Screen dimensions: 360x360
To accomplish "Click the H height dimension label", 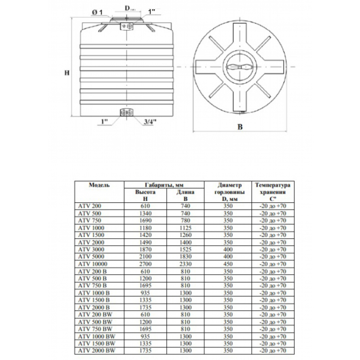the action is coord(67,73).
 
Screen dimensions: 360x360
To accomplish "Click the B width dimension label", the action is coord(240,127).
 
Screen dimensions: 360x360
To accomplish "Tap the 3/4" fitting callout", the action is coord(150,122).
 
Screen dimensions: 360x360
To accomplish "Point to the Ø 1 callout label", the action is coord(98,12).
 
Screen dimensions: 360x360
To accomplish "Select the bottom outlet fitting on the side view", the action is coord(126,113).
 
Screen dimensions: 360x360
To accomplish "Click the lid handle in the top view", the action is coord(240,67).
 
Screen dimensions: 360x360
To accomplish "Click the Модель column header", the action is coord(99,185).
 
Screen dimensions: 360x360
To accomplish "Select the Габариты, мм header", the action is coord(164,185).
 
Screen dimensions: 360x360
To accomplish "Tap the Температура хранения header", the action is coord(273,192).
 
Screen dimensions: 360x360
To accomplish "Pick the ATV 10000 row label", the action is coord(92,264).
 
